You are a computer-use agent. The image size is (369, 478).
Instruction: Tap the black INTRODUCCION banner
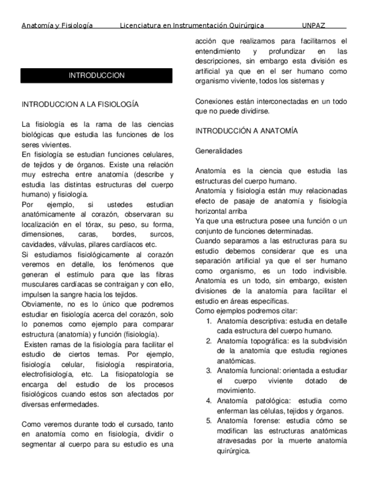tap(96, 76)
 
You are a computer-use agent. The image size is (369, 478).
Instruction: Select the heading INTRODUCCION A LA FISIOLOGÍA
tap(79, 104)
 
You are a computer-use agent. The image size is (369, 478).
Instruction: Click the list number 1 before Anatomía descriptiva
tap(208, 321)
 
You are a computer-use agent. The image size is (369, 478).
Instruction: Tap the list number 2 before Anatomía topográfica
tap(208, 341)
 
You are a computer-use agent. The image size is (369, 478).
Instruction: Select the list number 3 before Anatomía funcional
tap(208, 370)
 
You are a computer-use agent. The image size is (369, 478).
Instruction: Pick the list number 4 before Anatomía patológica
tap(208, 401)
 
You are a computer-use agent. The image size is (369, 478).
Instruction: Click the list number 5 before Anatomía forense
tap(208, 421)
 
